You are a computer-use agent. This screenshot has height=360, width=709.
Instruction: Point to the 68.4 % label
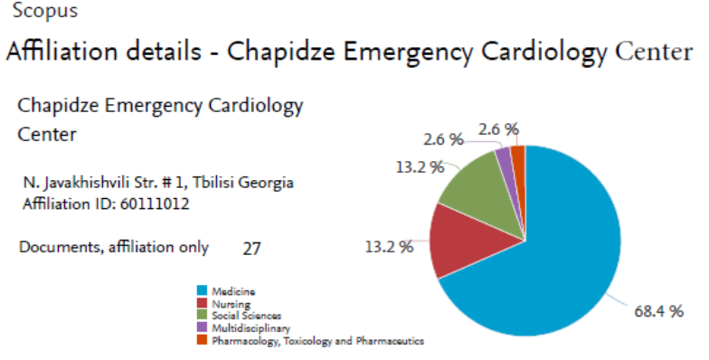tap(658, 311)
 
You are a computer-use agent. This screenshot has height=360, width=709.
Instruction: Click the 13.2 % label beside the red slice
tap(389, 247)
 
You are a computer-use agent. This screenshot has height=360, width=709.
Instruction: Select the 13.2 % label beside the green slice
tap(420, 167)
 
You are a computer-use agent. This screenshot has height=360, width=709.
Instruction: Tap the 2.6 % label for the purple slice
tap(443, 139)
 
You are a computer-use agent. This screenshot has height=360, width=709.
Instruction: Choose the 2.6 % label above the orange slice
tap(498, 129)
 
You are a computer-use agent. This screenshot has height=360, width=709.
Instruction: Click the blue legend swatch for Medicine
tap(202, 290)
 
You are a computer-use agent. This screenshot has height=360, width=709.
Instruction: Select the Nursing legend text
tap(232, 304)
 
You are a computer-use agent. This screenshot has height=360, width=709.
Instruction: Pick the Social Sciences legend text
tap(246, 316)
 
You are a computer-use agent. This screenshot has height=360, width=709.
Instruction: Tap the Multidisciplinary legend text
tap(251, 327)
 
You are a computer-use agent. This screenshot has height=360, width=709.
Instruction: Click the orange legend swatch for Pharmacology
tap(202, 340)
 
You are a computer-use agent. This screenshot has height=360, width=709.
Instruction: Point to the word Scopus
tap(45, 11)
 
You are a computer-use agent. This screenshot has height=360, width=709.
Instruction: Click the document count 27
tap(251, 248)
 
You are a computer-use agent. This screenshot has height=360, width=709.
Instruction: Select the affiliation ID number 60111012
tap(155, 204)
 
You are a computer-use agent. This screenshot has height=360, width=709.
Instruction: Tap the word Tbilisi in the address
tap(213, 183)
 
